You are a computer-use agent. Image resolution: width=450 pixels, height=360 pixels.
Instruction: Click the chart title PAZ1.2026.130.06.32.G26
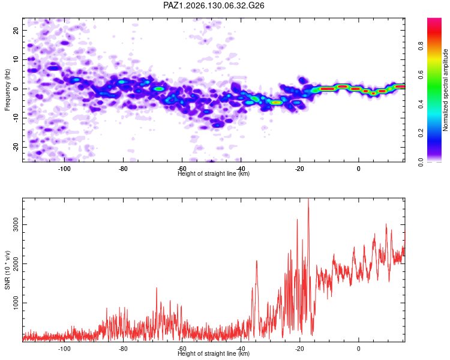(x=214, y=5)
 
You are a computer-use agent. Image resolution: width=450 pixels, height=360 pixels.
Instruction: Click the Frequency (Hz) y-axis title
(x=7, y=90)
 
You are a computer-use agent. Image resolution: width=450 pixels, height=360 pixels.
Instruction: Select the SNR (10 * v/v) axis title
(x=7, y=270)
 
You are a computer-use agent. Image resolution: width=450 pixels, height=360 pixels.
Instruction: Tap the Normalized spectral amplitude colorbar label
(x=445, y=90)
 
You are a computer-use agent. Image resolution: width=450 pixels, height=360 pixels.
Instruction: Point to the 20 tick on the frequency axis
(x=16, y=30)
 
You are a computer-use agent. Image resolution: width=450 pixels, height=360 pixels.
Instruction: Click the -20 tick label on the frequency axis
(x=16, y=147)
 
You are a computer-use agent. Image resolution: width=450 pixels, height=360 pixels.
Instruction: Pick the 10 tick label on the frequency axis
(x=16, y=59)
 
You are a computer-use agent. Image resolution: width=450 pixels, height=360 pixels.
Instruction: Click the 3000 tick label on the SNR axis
(x=16, y=225)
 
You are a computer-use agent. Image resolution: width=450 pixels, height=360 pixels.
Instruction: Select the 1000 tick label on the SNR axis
(x=16, y=302)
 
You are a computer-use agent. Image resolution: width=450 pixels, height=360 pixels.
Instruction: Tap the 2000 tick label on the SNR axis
(x=16, y=263)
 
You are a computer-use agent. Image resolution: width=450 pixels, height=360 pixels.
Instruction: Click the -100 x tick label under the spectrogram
(x=64, y=169)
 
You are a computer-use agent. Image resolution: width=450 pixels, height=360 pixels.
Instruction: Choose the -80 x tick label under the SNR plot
(x=123, y=349)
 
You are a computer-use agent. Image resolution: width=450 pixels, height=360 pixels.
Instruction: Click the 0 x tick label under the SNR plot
(x=358, y=349)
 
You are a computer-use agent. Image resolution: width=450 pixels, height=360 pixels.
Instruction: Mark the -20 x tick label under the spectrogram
(x=299, y=169)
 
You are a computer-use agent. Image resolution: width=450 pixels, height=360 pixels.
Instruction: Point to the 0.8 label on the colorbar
(x=421, y=46)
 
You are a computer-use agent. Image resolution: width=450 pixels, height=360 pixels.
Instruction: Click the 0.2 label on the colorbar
(x=421, y=133)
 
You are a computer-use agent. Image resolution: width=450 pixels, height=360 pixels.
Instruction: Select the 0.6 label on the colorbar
(x=421, y=75)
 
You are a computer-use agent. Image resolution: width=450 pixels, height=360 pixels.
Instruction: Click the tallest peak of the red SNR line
(x=308, y=199)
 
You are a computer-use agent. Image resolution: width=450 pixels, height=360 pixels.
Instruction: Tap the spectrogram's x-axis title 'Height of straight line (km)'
(x=214, y=173)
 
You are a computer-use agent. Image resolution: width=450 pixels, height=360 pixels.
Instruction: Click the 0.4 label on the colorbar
(x=421, y=104)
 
